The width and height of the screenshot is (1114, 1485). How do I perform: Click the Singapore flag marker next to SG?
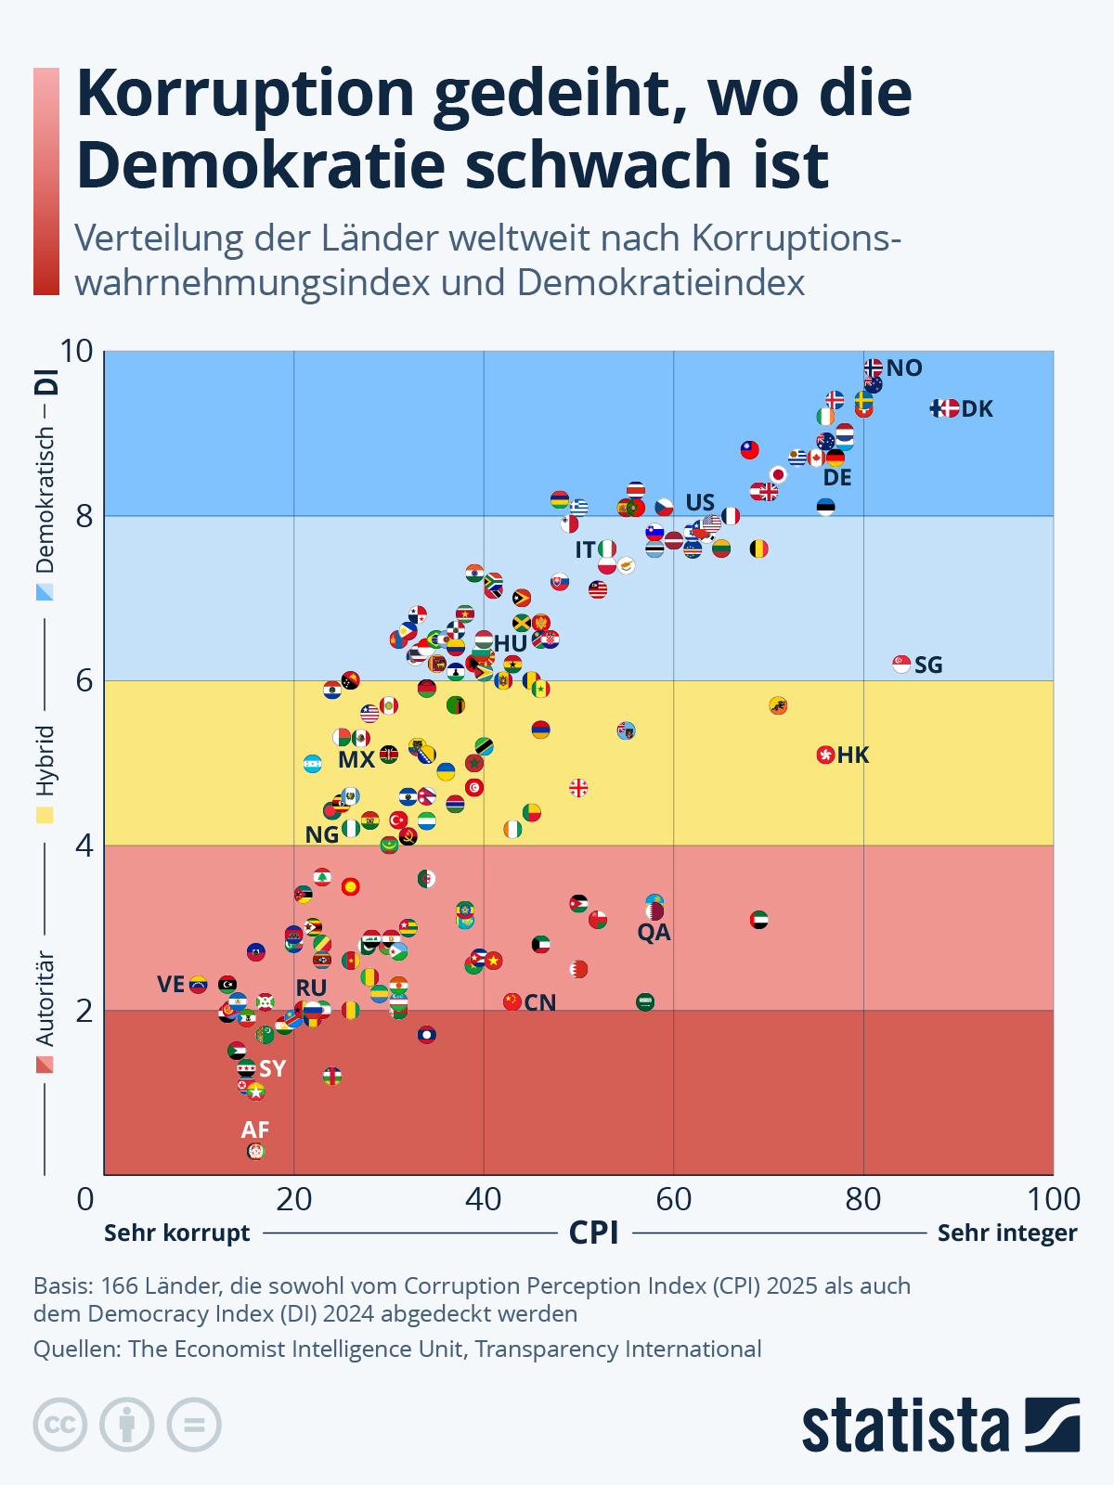point(901,664)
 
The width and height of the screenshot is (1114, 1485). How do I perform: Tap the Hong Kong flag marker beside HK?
point(825,755)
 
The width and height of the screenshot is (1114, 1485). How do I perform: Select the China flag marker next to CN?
point(512,1001)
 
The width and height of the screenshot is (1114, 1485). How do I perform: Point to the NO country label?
point(904,368)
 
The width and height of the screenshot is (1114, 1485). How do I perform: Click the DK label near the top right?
point(977,408)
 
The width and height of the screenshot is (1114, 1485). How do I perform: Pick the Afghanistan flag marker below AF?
point(256,1151)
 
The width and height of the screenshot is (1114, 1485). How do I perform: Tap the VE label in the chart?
point(171,984)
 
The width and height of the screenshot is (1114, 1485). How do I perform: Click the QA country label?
point(654,933)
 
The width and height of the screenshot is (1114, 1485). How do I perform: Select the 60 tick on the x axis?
point(673,1199)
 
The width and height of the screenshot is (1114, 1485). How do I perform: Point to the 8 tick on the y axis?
point(84,515)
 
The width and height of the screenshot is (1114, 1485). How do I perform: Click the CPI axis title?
point(593,1233)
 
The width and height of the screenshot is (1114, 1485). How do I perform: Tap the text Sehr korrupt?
point(176,1233)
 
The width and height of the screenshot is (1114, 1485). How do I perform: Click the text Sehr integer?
point(1007,1233)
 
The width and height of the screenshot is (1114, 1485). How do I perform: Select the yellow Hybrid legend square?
point(45,815)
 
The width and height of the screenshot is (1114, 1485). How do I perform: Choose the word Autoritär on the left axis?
point(45,998)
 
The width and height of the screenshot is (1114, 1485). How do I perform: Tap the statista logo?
point(940,1425)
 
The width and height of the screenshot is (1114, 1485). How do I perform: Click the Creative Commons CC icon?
point(60,1425)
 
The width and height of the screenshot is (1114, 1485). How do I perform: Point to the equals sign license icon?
point(194,1425)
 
